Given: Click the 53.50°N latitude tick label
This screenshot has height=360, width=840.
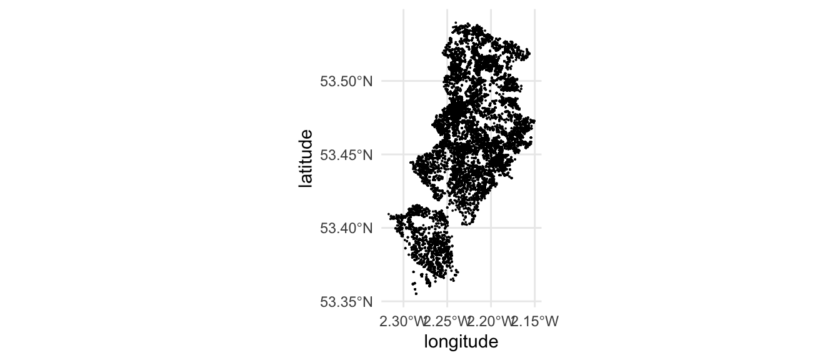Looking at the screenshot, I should (x=346, y=81).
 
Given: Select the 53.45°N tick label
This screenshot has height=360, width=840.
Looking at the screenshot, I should (x=346, y=154).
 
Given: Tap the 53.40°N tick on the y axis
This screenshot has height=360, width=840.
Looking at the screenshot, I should (x=346, y=228).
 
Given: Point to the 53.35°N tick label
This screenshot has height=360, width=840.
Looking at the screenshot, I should (x=346, y=302).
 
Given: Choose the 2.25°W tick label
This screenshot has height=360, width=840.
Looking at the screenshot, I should (x=446, y=322).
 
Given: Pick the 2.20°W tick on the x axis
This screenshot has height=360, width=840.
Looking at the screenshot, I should (x=490, y=322).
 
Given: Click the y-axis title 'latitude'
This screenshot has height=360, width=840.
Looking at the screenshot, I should (x=305, y=159).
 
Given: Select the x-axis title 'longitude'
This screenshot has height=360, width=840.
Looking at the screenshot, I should (x=461, y=342).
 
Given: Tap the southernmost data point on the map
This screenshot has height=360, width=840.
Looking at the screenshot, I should (x=416, y=294).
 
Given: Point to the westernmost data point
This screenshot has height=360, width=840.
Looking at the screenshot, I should (x=389, y=214).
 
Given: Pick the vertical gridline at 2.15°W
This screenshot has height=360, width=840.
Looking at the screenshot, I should (x=535, y=187).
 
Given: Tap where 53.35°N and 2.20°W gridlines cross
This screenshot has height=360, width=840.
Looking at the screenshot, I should (x=491, y=301).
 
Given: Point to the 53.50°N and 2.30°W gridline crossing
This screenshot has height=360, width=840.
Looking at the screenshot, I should (x=403, y=81).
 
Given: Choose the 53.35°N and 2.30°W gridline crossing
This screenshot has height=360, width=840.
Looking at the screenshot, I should (x=403, y=301).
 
